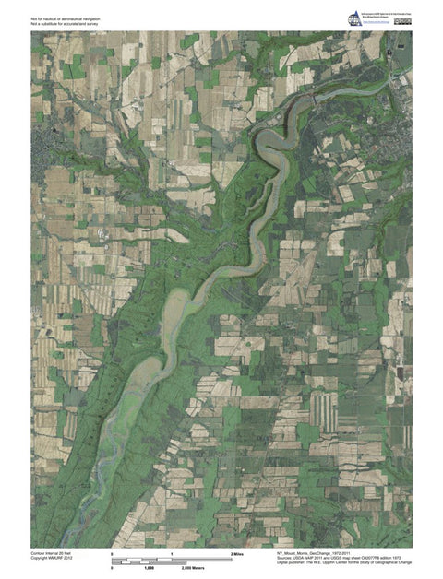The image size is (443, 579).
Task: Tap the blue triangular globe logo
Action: click(x=355, y=18)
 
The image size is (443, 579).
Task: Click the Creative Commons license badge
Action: click(x=403, y=20)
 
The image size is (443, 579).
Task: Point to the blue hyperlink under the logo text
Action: click(x=380, y=25)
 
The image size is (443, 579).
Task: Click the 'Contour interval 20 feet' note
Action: click(x=52, y=553)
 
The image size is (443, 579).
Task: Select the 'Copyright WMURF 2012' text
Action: click(x=51, y=559)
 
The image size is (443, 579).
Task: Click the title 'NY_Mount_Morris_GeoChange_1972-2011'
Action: click(x=322, y=553)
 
